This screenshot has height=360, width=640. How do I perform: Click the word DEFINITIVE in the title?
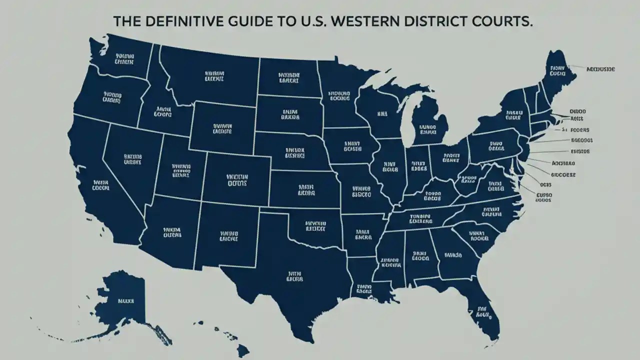178,22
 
